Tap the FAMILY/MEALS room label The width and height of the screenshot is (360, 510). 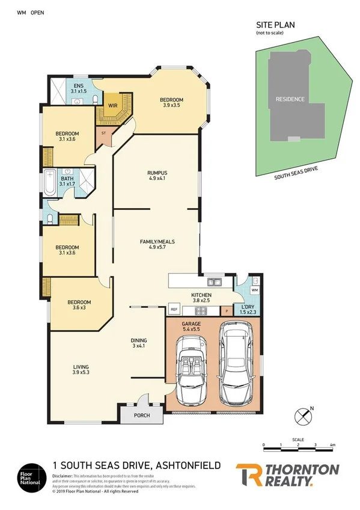(156, 242)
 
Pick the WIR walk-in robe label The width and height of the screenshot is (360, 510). (112, 105)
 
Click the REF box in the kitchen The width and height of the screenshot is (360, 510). (174, 310)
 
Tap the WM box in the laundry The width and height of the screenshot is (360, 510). (254, 290)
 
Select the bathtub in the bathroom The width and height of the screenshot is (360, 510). (50, 182)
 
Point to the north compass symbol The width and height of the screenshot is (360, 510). (305, 416)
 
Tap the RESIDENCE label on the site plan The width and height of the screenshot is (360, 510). (290, 99)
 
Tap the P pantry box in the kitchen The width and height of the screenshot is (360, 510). (227, 311)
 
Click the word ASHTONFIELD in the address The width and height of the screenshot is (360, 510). (189, 465)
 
